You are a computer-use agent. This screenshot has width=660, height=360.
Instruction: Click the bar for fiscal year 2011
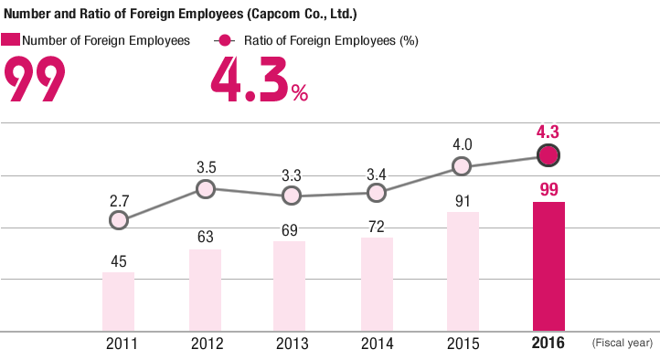click(118, 302)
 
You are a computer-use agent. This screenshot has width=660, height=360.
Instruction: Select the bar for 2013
click(291, 286)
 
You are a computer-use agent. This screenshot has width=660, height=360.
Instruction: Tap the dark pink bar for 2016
click(548, 266)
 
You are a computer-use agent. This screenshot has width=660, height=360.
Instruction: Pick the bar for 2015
click(463, 271)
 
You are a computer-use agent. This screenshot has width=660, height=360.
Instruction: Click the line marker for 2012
click(206, 189)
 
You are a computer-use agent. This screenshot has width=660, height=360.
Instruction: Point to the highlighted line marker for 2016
click(548, 155)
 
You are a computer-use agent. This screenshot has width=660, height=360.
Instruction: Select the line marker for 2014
click(376, 193)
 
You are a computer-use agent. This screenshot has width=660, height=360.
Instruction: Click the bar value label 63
click(206, 237)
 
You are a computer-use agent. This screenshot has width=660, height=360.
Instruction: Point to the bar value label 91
click(463, 198)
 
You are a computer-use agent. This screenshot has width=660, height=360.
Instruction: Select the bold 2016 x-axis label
click(548, 344)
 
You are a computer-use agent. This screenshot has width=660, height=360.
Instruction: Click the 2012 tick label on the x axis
click(208, 344)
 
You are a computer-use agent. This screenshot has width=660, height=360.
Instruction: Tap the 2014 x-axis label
click(378, 344)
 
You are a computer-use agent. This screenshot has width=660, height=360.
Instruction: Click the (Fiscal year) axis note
click(623, 344)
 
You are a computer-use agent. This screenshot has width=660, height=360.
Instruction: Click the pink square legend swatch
click(11, 40)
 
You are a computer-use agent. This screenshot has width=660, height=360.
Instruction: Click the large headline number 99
click(35, 79)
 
